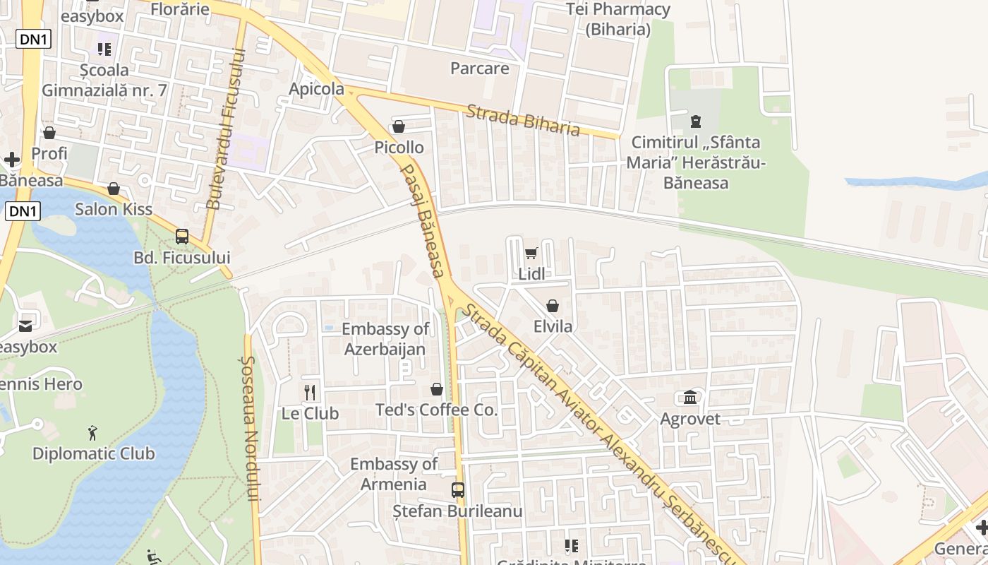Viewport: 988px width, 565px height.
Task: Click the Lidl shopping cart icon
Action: click(x=531, y=254)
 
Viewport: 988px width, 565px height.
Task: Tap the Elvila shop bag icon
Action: click(x=553, y=306)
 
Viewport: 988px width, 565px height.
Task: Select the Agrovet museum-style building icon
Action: click(x=690, y=398)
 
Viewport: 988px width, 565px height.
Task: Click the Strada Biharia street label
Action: click(x=523, y=120)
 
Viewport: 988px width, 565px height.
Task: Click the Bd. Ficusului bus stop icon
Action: click(x=182, y=237)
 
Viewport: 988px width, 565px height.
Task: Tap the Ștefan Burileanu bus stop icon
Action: click(x=458, y=489)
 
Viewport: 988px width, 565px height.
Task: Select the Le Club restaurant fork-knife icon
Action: click(x=310, y=392)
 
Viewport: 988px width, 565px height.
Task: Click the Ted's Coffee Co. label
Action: click(x=436, y=410)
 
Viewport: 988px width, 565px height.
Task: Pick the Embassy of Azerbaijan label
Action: click(x=385, y=339)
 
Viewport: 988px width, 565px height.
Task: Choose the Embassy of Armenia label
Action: click(x=394, y=474)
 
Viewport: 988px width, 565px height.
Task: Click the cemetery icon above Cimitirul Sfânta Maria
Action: click(x=697, y=121)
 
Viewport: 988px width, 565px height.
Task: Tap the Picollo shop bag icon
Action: click(x=399, y=127)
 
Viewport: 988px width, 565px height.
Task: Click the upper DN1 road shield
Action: click(x=34, y=39)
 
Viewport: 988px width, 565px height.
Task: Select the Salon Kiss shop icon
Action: click(x=114, y=189)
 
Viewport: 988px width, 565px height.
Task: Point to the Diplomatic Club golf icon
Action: click(x=92, y=432)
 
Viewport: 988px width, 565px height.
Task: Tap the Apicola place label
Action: click(x=317, y=89)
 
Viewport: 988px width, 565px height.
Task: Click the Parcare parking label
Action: click(x=480, y=69)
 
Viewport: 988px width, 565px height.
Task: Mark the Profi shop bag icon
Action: click(x=49, y=133)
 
